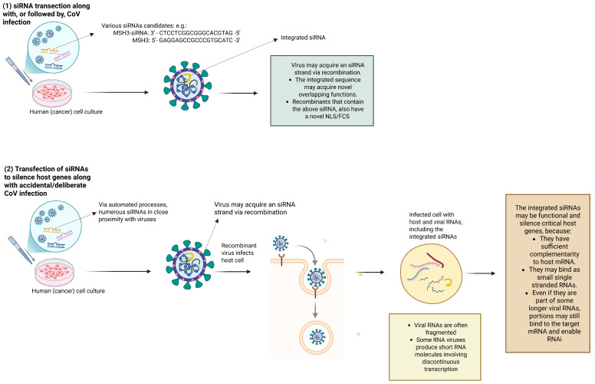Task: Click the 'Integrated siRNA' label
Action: (303, 38)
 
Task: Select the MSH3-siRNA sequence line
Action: (176, 33)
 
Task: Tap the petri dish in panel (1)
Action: (52, 93)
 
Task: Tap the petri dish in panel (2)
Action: (54, 273)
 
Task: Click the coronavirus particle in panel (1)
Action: (187, 85)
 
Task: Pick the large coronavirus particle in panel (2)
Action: (189, 265)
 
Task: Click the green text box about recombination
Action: (322, 91)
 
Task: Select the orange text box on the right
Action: (547, 273)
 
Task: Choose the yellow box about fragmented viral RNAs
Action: (435, 346)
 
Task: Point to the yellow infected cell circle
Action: (432, 273)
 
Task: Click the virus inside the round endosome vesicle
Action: (317, 337)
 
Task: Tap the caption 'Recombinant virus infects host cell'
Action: (238, 253)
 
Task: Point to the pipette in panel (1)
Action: (18, 71)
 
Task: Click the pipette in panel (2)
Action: (21, 250)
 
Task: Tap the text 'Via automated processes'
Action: (133, 204)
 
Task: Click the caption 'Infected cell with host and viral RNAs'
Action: (436, 226)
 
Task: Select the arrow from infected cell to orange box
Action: (481, 273)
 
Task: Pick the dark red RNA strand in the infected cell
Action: (436, 260)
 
